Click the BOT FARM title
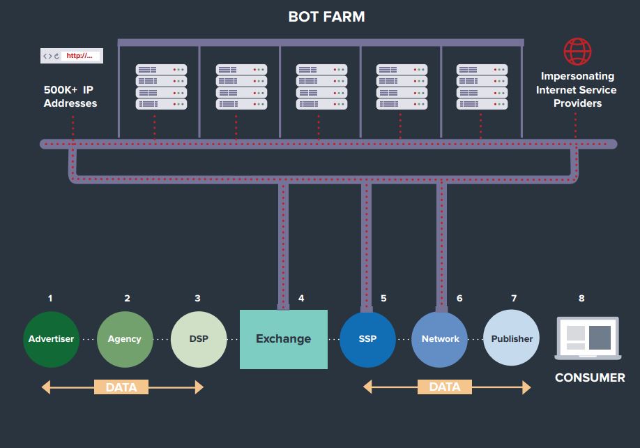(326, 17)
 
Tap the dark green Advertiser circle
(51, 339)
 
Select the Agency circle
(125, 339)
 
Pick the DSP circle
(199, 339)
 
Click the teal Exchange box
(283, 339)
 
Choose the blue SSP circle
(367, 339)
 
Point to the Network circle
(440, 339)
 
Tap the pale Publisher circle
(512, 339)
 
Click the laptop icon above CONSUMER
(587, 338)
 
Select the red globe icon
(577, 52)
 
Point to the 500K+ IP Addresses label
(70, 96)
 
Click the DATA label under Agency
(121, 387)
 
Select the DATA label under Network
(445, 387)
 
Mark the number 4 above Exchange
(301, 299)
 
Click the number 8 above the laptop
(581, 299)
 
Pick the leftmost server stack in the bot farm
(161, 87)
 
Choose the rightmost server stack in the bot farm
(482, 87)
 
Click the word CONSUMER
(590, 378)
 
